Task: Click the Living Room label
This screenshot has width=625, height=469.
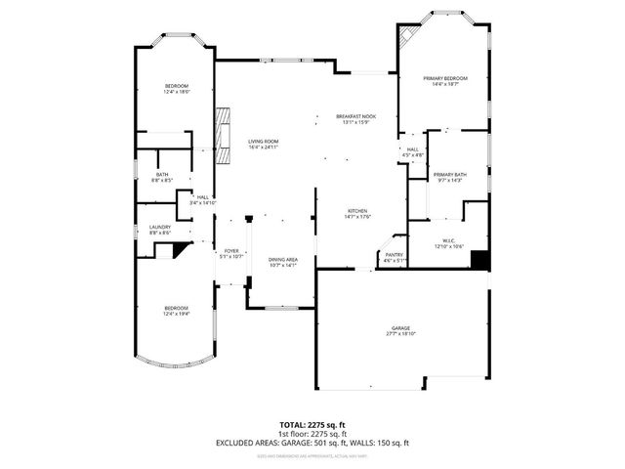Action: [x=264, y=142]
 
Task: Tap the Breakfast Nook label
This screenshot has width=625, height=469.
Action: [x=355, y=116]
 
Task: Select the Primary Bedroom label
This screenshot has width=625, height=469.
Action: [x=444, y=78]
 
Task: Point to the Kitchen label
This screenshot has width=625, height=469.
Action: [x=356, y=212]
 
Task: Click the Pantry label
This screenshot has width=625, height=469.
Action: [x=394, y=255]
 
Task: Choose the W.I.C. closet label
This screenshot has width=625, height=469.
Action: [x=449, y=241]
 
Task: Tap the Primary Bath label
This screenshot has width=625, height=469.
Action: [x=450, y=175]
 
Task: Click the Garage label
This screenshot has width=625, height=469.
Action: [x=400, y=328]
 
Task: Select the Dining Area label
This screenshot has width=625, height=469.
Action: [x=283, y=259]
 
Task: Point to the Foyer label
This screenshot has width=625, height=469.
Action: [x=231, y=251]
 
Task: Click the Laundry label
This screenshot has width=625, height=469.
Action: [x=160, y=227]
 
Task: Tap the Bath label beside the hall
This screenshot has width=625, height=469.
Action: [x=161, y=175]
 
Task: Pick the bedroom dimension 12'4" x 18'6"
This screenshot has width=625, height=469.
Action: [x=176, y=92]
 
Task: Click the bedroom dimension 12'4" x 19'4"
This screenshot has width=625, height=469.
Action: [x=176, y=314]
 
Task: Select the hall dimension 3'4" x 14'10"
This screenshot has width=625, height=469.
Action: [x=203, y=203]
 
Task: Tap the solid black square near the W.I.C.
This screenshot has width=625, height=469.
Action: [x=479, y=259]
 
